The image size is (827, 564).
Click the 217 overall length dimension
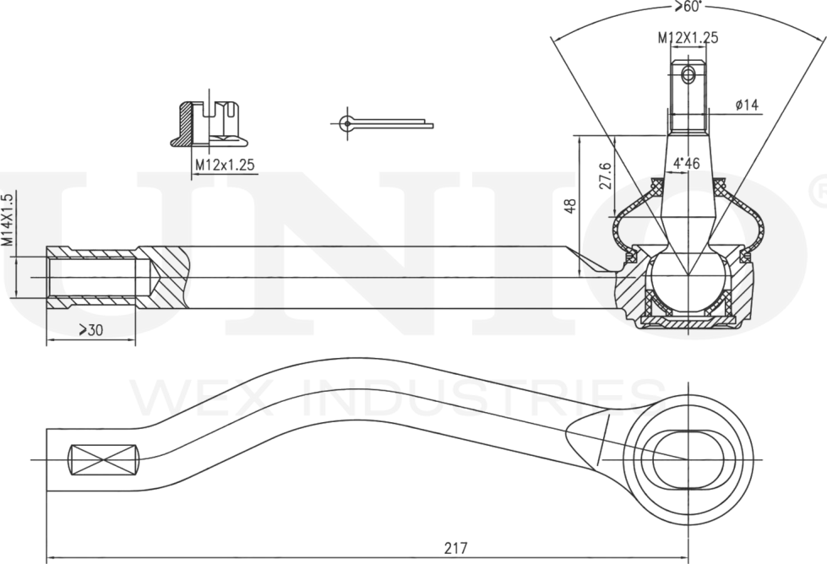point(455,547)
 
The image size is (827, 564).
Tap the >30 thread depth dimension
point(90,330)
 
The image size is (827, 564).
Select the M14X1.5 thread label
point(8,220)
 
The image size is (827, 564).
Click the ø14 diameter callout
point(748,105)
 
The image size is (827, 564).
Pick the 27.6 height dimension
point(605,176)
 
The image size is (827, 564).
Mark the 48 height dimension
point(571,204)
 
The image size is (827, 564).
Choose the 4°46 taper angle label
point(686,163)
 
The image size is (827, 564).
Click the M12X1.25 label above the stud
point(688,38)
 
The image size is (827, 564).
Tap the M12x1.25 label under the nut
point(225,165)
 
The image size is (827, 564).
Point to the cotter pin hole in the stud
point(688,75)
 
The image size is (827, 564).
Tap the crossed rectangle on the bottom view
point(102,459)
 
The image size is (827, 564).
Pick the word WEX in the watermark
point(181,398)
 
